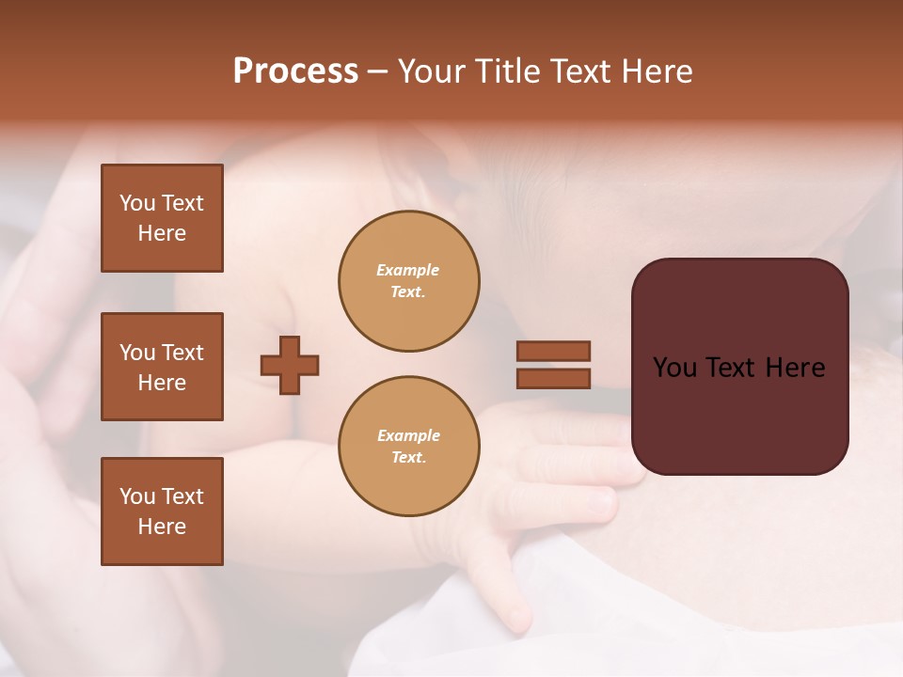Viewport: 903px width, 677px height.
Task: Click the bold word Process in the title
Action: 295,71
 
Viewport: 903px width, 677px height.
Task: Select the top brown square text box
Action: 162,218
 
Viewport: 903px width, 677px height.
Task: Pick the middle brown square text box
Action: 162,367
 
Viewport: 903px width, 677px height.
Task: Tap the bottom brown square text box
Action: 162,512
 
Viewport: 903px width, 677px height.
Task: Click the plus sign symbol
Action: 290,365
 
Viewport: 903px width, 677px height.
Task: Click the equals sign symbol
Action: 553,365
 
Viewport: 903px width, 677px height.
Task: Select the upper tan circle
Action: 408,281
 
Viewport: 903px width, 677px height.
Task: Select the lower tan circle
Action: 408,447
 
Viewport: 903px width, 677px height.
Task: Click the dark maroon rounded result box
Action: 739,367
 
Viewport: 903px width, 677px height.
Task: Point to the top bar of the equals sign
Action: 553,352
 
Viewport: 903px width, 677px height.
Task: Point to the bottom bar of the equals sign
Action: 553,378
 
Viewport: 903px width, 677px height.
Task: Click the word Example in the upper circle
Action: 408,270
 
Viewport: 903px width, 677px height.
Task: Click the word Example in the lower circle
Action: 408,435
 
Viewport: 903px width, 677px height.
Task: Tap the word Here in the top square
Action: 162,233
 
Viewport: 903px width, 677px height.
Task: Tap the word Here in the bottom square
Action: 162,527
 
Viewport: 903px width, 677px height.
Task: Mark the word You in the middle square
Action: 136,353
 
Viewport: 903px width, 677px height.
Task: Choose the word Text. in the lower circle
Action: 408,458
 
